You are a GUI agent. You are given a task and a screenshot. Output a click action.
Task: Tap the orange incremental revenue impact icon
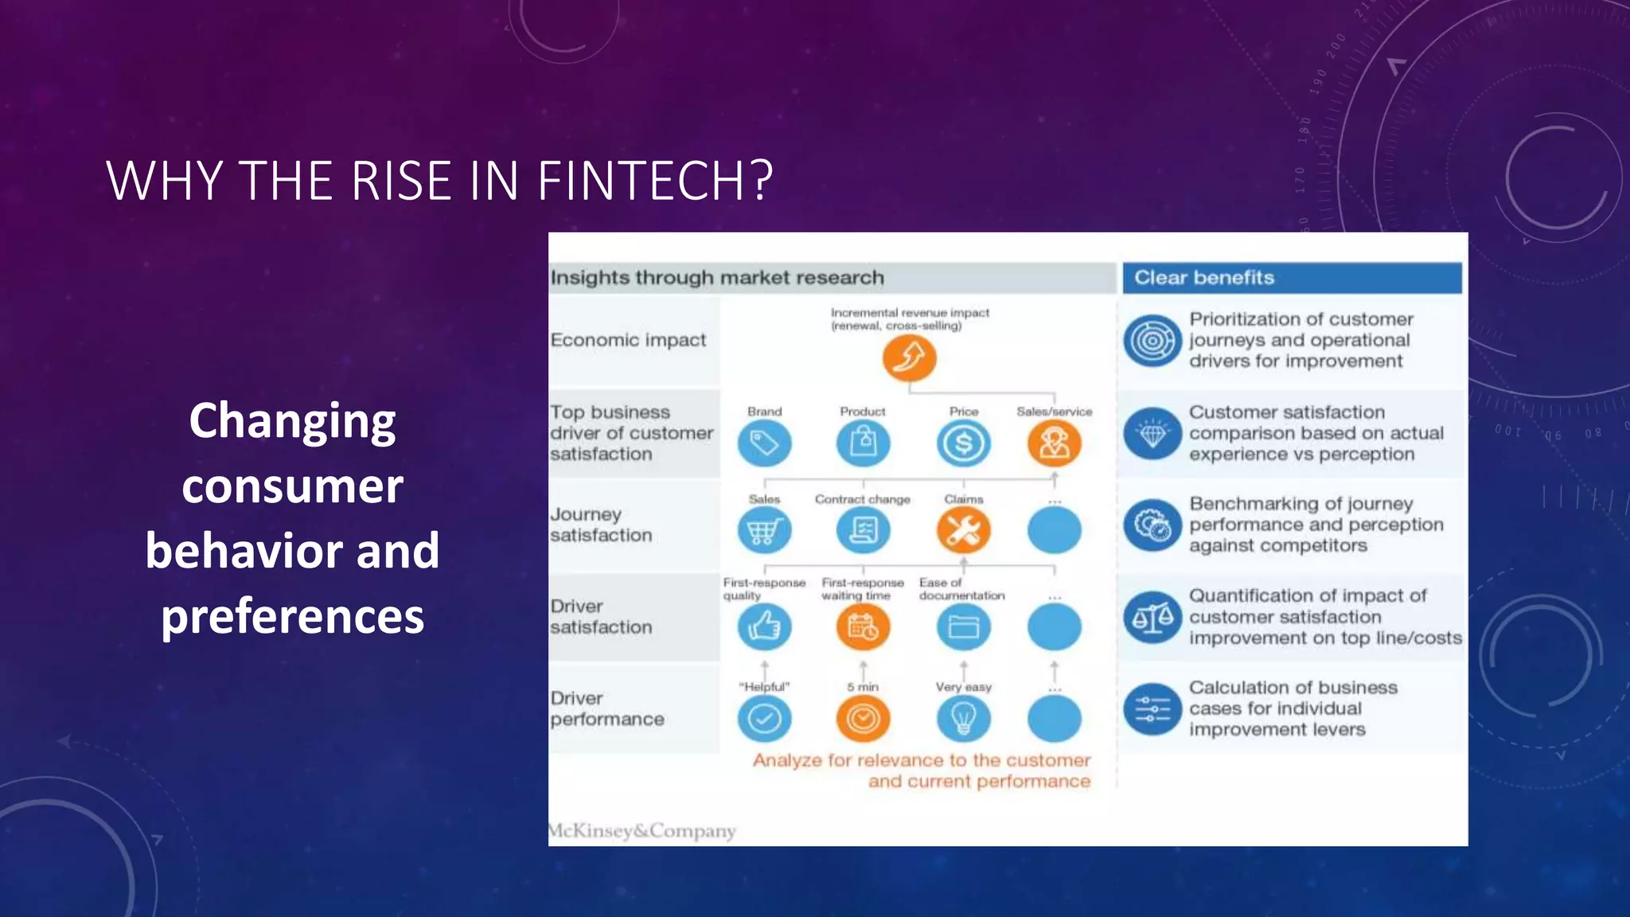pyautogui.click(x=909, y=358)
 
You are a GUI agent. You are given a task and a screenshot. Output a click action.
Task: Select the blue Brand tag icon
pyautogui.click(x=764, y=443)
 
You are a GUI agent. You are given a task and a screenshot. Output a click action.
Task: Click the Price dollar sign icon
pyautogui.click(x=963, y=443)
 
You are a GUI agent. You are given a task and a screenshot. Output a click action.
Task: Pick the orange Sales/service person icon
pyautogui.click(x=1054, y=443)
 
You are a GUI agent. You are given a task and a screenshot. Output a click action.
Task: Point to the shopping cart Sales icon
pyautogui.click(x=764, y=531)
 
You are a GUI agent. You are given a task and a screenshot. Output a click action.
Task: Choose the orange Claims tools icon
pyautogui.click(x=963, y=531)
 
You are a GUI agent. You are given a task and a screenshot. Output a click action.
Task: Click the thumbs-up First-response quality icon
pyautogui.click(x=764, y=627)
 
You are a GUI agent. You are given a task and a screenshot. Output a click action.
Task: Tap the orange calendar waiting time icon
pyautogui.click(x=863, y=627)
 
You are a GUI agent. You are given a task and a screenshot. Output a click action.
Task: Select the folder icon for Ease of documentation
pyautogui.click(x=963, y=627)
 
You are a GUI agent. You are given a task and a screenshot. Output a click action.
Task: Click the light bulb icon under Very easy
pyautogui.click(x=963, y=720)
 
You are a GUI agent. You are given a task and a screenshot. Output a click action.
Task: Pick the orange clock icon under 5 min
pyautogui.click(x=863, y=720)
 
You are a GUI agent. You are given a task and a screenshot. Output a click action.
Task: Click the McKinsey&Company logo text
pyautogui.click(x=642, y=831)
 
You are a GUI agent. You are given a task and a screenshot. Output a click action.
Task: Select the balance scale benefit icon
pyautogui.click(x=1152, y=618)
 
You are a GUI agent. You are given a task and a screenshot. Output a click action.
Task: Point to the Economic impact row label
pyautogui.click(x=628, y=341)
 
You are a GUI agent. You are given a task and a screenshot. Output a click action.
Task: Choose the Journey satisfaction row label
pyautogui.click(x=601, y=525)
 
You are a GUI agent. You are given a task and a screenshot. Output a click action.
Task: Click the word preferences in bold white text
pyautogui.click(x=292, y=616)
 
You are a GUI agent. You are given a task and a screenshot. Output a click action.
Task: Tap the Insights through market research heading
pyautogui.click(x=717, y=278)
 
